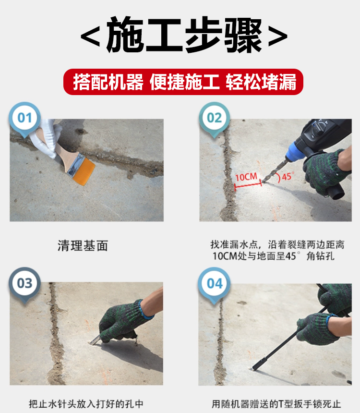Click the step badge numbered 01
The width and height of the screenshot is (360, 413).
tap(25, 118)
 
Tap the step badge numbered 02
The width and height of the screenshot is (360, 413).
tap(215, 118)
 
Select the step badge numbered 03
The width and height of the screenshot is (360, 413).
tap(25, 284)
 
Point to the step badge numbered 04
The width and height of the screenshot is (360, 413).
tap(215, 284)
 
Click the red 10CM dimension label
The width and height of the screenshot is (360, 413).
tap(246, 177)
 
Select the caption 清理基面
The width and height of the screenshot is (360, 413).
tap(83, 246)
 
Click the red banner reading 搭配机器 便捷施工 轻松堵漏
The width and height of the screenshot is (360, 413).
tap(183, 82)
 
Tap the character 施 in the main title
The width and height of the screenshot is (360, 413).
tap(125, 35)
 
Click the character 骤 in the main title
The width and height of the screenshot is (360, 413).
tap(243, 35)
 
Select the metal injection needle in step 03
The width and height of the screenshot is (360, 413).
tap(95, 341)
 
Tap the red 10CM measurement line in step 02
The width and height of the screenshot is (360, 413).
tap(248, 186)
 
